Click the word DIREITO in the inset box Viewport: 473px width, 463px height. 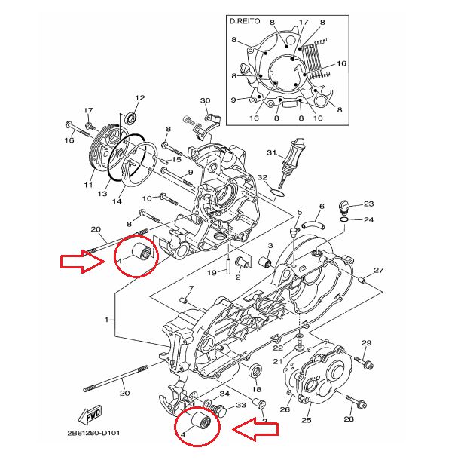[x=245, y=23]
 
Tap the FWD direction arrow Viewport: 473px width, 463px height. [x=90, y=416]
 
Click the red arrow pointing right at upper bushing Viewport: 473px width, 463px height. [x=84, y=262]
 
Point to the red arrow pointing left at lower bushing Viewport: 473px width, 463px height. [x=255, y=430]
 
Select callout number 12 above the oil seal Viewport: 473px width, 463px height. [x=139, y=99]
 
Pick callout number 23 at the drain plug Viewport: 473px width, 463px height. [x=368, y=204]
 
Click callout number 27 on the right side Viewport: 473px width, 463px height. [x=379, y=271]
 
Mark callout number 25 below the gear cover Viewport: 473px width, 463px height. [x=307, y=420]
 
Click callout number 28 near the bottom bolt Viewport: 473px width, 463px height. [x=349, y=419]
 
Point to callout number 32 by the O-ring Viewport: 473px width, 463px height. [x=262, y=177]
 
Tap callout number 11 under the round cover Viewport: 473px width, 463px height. [x=88, y=185]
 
